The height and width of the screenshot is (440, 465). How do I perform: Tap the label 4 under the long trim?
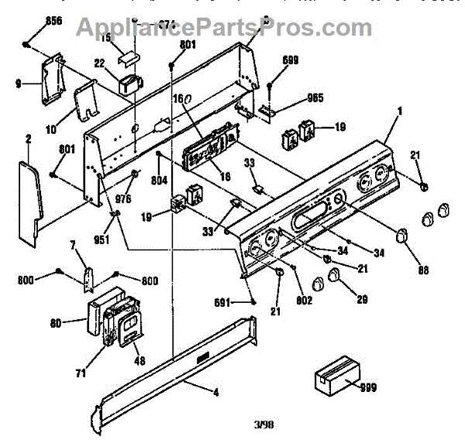(216, 393)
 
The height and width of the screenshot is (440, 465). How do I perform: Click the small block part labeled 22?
(129, 83)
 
